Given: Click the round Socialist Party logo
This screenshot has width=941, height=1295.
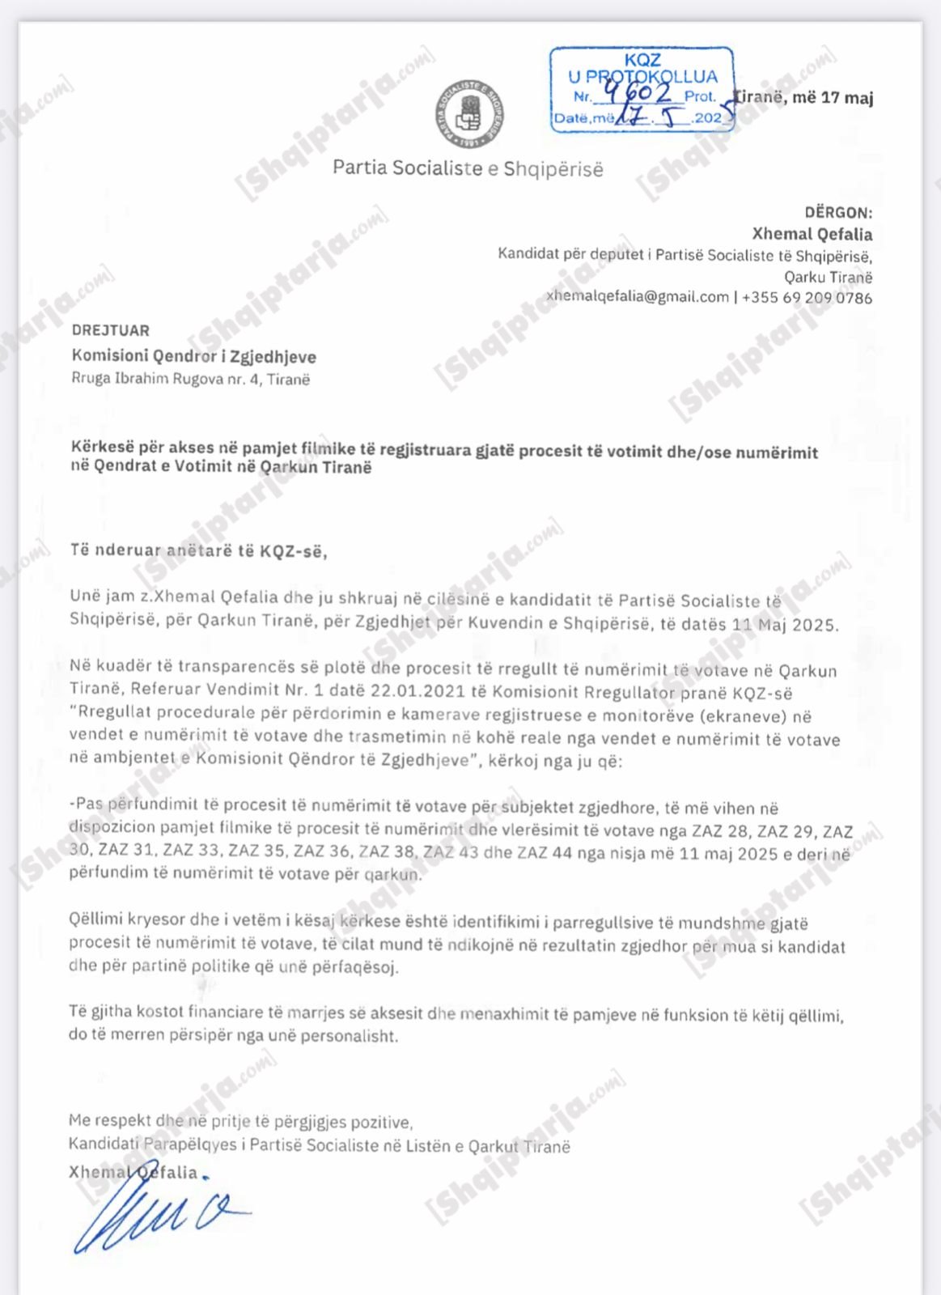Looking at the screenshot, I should point(469,114).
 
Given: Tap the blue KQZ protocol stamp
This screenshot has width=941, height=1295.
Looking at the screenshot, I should point(642,89).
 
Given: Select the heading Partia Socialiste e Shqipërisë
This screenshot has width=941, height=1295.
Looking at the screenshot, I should point(468,168).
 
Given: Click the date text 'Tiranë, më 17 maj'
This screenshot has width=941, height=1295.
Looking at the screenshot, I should point(803,98).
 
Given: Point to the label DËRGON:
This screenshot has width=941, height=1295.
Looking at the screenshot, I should point(837,213).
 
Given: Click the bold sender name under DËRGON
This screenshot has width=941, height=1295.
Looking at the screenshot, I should point(812,234).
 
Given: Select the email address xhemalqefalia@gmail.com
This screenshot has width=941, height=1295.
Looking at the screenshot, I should point(638,296).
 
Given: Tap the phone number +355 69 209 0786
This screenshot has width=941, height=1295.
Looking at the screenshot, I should point(807,297).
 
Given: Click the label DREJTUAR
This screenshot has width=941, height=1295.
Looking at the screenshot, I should point(110,330).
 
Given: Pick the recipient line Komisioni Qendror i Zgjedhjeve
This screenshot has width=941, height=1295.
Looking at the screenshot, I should point(193,356).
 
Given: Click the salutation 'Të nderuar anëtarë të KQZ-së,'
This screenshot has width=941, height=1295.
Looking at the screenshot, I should point(198,551).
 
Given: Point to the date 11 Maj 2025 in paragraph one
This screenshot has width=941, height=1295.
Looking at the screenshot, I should point(785,625).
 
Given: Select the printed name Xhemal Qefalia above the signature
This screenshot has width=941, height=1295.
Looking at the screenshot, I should point(133,1172).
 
